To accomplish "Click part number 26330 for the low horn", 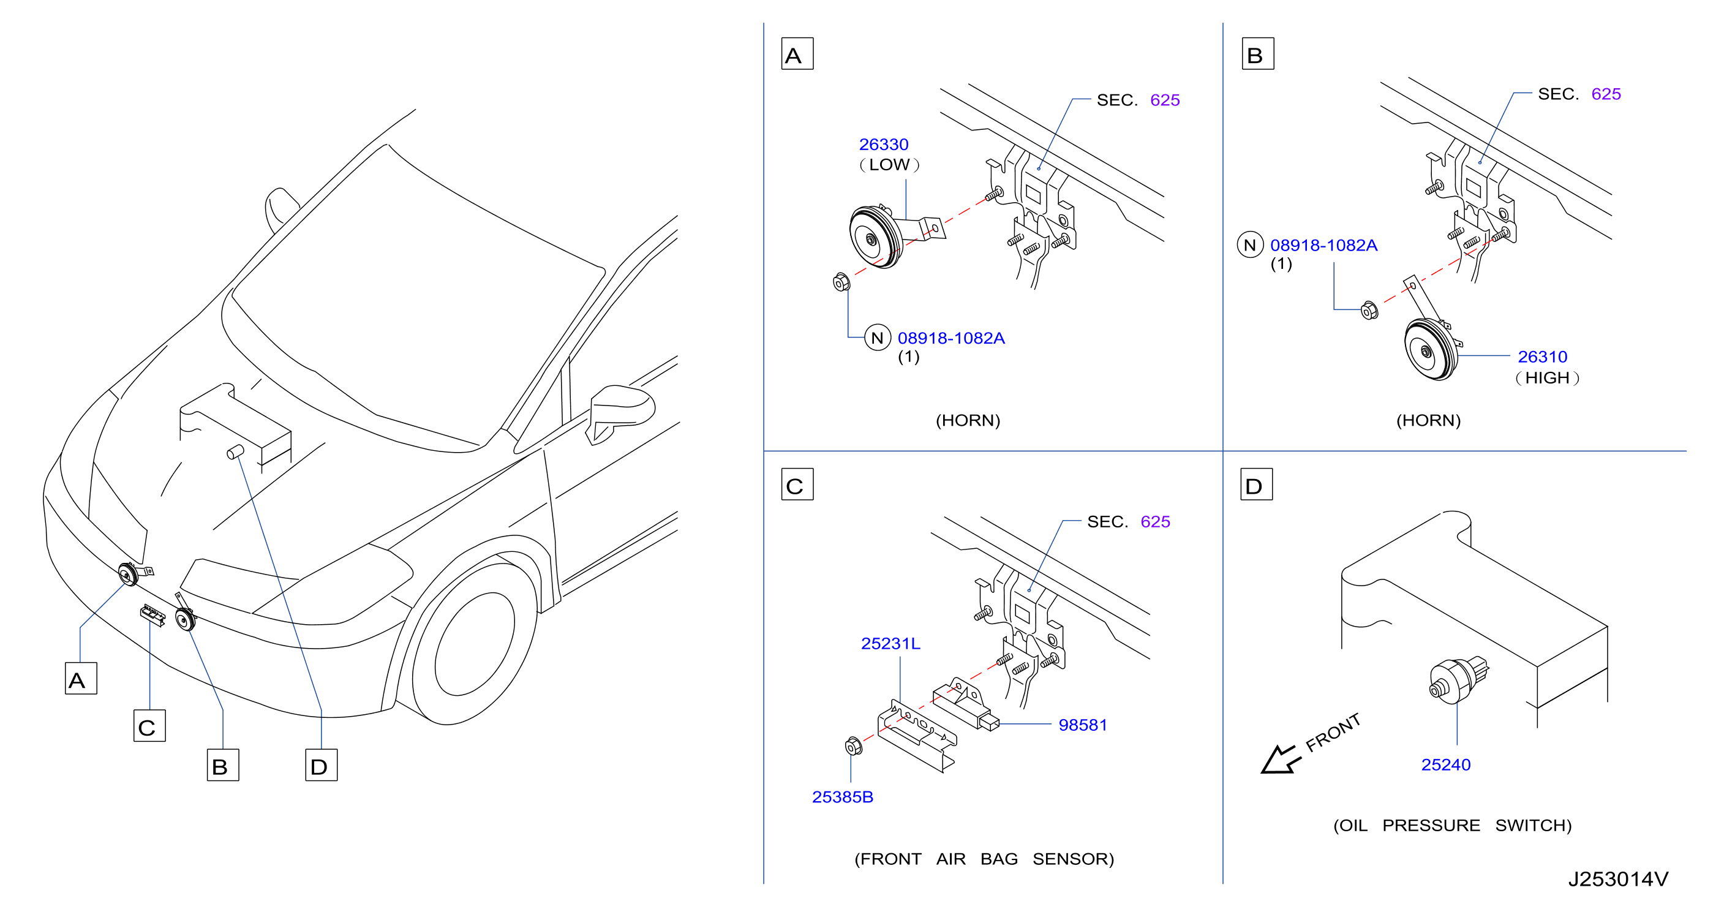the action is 883,144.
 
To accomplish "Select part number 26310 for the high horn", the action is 1542,356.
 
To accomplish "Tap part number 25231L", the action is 890,644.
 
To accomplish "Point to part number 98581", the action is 1082,725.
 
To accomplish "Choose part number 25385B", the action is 843,797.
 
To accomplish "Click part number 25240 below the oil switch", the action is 1446,765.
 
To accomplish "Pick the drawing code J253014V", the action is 1619,878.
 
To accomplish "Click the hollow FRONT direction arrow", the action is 1279,760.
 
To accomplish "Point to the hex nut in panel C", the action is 853,746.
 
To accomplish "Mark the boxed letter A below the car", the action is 81,679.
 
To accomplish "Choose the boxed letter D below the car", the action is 322,765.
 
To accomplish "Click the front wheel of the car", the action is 474,644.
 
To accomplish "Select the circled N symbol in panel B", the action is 1250,244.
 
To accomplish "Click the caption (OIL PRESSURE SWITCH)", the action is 1452,826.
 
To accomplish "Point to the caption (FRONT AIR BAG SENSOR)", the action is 984,859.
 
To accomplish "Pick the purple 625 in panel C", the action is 1155,521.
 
